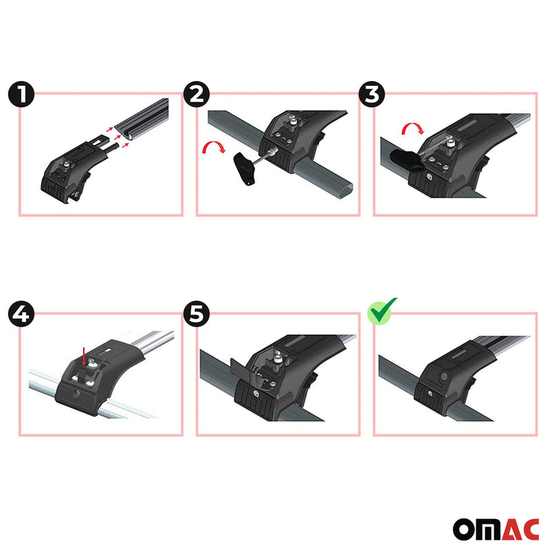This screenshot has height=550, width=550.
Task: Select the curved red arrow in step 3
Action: point(412,129)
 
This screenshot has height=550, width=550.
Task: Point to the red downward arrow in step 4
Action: point(84,355)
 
